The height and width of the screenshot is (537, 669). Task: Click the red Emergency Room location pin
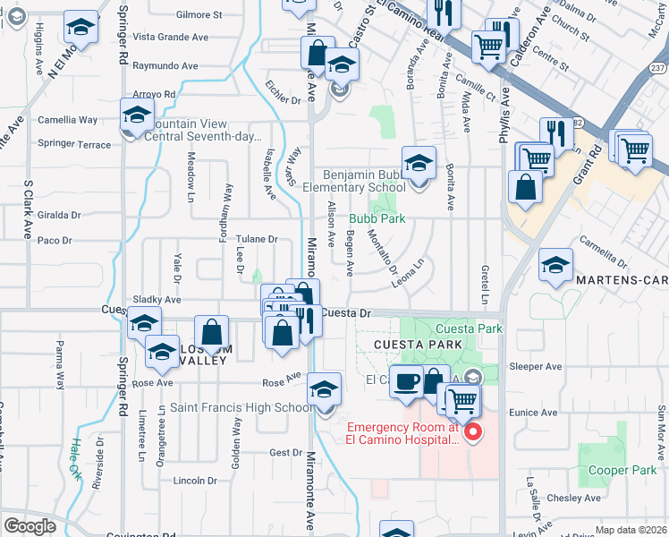point(476,434)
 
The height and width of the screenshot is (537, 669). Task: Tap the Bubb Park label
point(377,218)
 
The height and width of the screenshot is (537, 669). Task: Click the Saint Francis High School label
point(241,408)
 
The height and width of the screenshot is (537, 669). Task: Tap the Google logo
point(30,526)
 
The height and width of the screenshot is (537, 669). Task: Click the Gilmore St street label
point(199,15)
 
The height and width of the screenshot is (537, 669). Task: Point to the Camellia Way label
point(67,120)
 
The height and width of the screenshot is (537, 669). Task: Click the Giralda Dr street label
point(59,215)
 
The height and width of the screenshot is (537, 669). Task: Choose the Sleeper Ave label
point(535,367)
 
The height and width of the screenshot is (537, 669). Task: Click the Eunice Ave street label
point(533,413)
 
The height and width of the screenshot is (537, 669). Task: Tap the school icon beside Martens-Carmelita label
point(555,265)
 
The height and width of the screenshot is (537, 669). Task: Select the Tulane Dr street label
point(258,240)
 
